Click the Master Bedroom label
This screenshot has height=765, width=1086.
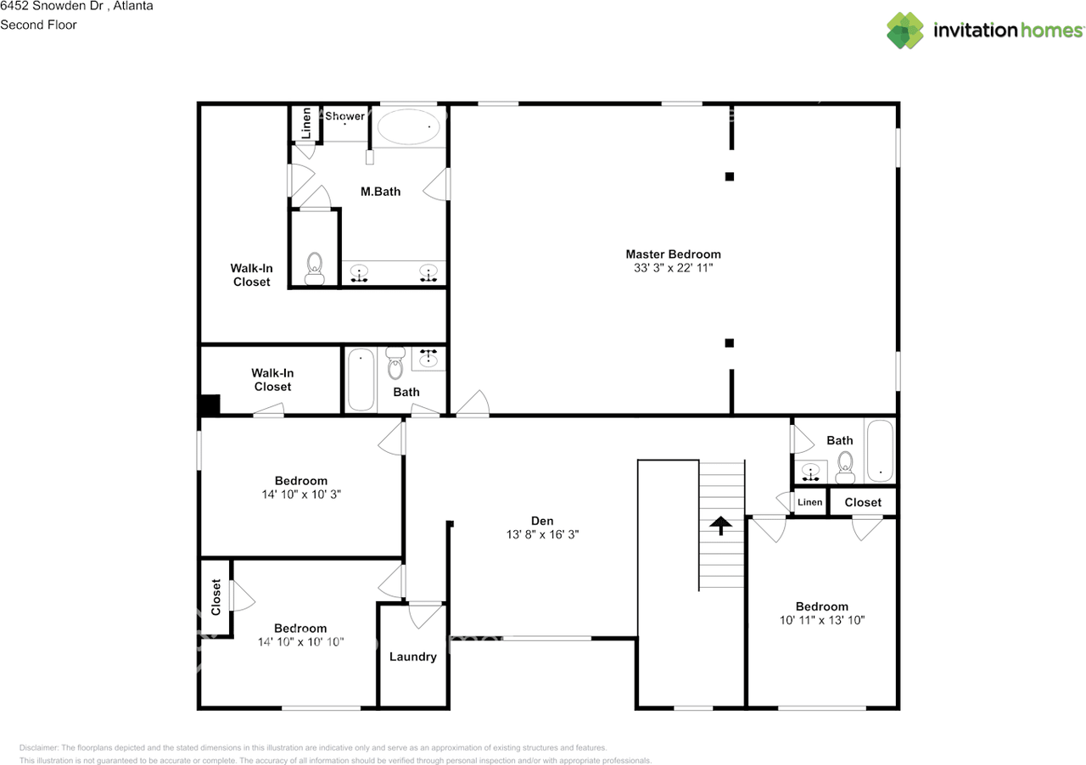(x=673, y=254)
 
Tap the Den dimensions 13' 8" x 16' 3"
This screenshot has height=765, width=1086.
(x=542, y=534)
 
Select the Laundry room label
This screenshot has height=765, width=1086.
(x=413, y=657)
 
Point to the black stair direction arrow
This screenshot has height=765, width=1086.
(x=721, y=525)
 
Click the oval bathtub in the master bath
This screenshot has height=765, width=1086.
(x=409, y=126)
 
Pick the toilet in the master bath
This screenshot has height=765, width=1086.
(x=315, y=268)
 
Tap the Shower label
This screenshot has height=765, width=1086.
(x=344, y=116)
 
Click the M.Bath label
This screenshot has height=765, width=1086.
(x=381, y=192)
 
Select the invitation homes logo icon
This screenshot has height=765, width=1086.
(x=905, y=31)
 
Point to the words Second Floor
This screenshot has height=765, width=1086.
(x=38, y=25)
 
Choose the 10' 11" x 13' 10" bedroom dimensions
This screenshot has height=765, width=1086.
(x=822, y=620)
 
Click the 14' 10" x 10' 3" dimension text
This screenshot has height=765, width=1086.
(x=301, y=494)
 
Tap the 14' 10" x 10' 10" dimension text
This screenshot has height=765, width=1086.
(x=300, y=642)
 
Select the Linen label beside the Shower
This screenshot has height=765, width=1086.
(x=306, y=123)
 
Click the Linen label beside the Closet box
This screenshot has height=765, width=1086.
(x=810, y=502)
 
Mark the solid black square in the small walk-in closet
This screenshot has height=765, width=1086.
(x=209, y=405)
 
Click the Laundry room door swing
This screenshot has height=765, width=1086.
(x=426, y=616)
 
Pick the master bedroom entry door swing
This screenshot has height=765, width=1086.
(x=473, y=403)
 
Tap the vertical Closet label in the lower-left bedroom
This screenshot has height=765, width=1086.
(x=216, y=597)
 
